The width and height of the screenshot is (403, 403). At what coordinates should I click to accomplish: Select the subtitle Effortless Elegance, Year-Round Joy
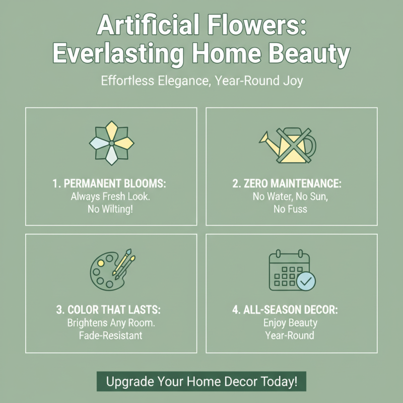(x=201, y=81)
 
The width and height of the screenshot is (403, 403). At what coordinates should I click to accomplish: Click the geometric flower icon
(x=111, y=144)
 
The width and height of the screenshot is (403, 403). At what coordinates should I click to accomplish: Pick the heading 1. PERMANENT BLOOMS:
(x=111, y=184)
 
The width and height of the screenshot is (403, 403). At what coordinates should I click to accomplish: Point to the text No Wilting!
(x=111, y=209)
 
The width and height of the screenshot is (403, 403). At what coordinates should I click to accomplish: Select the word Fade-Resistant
(x=111, y=335)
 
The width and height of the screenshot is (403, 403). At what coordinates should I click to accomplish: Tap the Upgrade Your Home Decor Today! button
(x=201, y=381)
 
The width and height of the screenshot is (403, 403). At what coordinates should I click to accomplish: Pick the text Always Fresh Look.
(x=111, y=196)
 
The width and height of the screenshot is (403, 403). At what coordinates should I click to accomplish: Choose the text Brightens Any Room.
(x=111, y=322)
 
